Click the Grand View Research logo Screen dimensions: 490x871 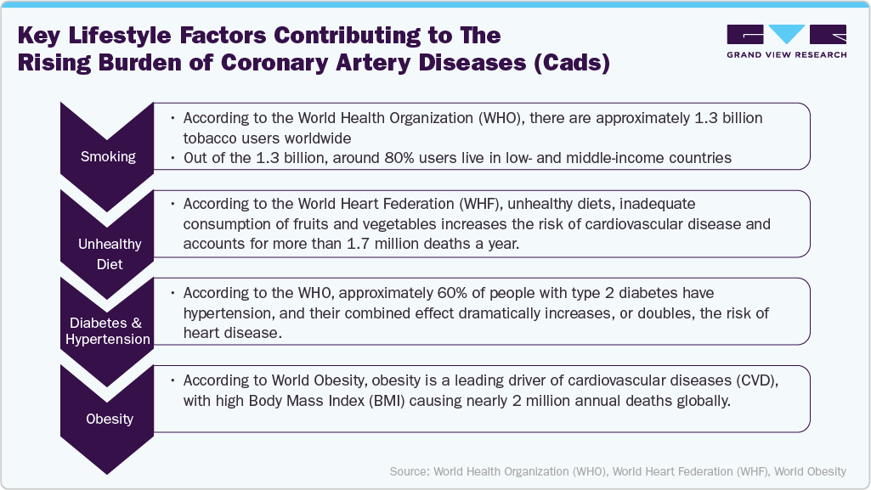coord(787,35)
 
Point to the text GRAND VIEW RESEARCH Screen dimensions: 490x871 coord(787,55)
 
